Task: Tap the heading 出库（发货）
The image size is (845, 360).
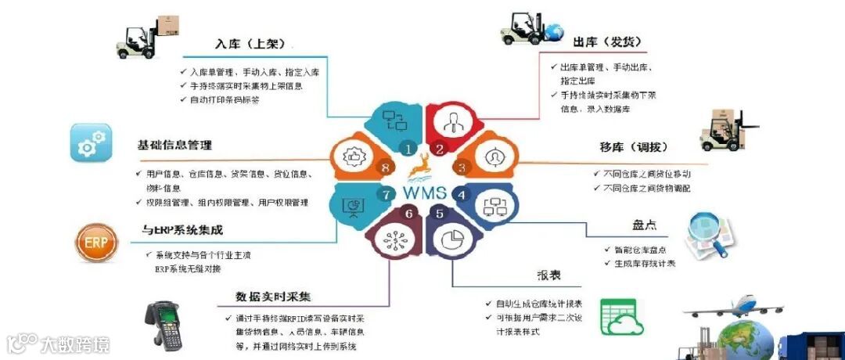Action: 603,41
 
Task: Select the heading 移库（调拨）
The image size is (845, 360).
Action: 633,148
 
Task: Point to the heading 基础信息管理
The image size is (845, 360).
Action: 174,145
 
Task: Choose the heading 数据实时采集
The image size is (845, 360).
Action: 273,297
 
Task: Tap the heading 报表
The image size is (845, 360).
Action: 548,275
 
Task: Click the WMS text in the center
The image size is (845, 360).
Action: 426,191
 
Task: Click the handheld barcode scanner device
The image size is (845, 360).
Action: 164,322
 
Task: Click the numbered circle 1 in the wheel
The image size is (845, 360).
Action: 406,147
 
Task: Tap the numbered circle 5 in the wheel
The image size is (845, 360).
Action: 439,213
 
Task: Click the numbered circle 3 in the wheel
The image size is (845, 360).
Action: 461,167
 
